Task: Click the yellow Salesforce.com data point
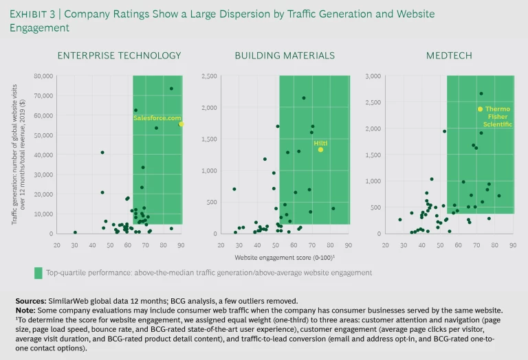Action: [x=181, y=124]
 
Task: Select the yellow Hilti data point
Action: [x=320, y=150]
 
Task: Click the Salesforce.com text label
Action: [x=157, y=117]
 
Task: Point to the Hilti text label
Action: [x=320, y=142]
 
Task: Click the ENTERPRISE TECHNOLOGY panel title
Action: [x=120, y=55]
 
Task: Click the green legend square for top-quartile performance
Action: [x=39, y=273]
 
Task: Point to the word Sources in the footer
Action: [x=32, y=301]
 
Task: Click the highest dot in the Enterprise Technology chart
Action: [x=171, y=89]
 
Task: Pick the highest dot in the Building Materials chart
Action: [x=303, y=98]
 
